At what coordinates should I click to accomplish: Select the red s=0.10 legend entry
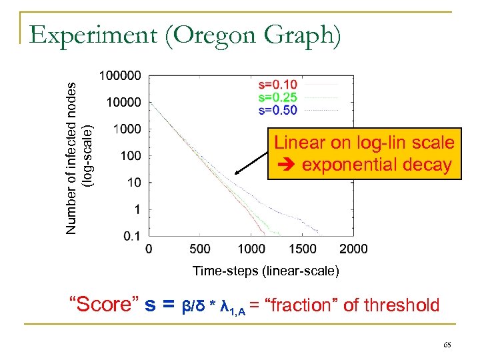point(277,85)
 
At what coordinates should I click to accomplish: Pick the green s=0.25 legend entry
point(277,97)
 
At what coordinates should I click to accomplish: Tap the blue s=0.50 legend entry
point(277,110)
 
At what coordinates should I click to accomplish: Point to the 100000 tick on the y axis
point(120,76)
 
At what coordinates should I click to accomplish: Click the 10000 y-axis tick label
point(123,103)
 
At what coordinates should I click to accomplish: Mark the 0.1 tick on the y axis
point(132,236)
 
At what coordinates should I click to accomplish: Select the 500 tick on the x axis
point(199,249)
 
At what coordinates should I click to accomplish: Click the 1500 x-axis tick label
point(303,249)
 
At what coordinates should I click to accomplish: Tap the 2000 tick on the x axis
point(353,249)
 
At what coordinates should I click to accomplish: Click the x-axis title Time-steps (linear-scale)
point(265,271)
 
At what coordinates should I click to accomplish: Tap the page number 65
point(446,345)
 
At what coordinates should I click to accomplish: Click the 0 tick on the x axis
point(148,249)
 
